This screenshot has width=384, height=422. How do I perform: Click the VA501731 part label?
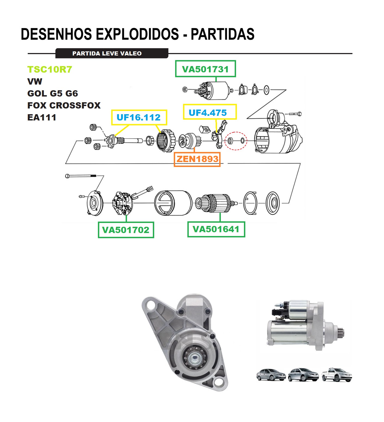click(x=205, y=69)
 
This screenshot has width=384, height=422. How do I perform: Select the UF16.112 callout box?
click(x=139, y=117)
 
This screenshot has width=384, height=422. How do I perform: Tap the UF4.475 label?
click(x=208, y=112)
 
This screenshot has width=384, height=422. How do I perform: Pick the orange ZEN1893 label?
click(x=197, y=159)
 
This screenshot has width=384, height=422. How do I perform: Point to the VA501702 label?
click(x=126, y=230)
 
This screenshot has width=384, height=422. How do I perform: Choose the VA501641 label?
click(x=216, y=229)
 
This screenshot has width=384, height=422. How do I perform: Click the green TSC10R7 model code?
click(x=50, y=70)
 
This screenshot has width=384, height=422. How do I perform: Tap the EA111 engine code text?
click(x=42, y=117)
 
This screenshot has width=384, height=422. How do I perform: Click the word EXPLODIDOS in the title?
click(x=138, y=34)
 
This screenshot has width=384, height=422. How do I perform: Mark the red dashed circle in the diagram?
click(x=236, y=141)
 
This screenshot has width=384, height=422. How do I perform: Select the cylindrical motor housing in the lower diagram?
click(x=173, y=203)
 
